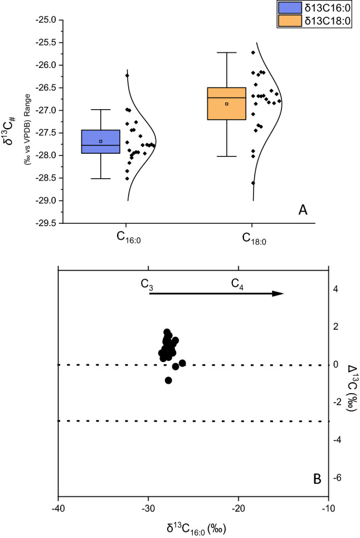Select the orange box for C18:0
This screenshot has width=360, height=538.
tap(227, 104)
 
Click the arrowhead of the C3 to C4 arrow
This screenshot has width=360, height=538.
tap(279, 294)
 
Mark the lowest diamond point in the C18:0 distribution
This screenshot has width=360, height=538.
tap(253, 183)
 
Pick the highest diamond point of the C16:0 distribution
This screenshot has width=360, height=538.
tap(127, 75)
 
